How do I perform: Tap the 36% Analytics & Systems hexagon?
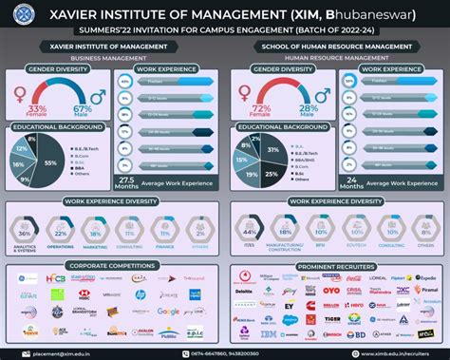point(25,234)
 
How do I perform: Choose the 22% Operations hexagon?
point(60,234)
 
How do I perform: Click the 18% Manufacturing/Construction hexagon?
point(285,233)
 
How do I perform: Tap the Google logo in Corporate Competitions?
point(168,311)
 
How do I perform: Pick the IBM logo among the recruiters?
point(268,335)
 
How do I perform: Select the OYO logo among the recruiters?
point(331,291)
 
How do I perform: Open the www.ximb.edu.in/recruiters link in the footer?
point(388,352)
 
